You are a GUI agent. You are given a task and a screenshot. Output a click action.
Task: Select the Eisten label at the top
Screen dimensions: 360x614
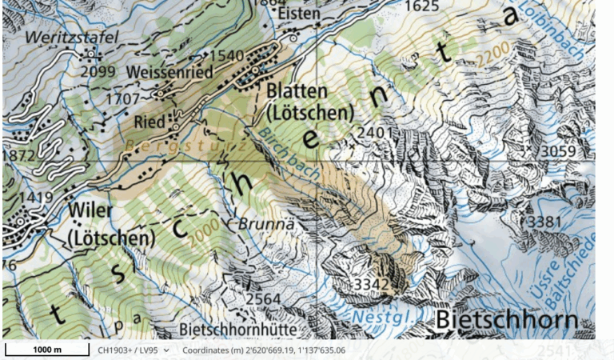click(x=297, y=14)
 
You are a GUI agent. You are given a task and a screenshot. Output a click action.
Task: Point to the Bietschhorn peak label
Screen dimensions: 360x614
click(x=506, y=321)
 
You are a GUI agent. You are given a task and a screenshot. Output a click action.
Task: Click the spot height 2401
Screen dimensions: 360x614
click(x=377, y=132)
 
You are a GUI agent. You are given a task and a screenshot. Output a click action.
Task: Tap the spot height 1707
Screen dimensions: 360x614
click(x=124, y=98)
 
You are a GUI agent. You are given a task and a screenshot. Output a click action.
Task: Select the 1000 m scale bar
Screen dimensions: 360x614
click(x=46, y=350)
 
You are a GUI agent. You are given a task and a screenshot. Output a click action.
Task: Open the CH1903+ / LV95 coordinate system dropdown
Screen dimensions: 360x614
click(x=134, y=350)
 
